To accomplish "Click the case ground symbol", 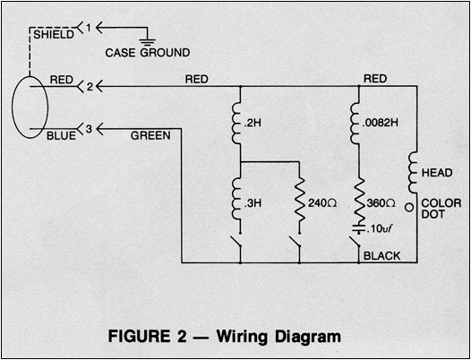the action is (x=148, y=41).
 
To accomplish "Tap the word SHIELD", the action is (x=54, y=35).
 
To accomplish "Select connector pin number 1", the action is (x=89, y=28).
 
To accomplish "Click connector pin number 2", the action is (x=90, y=87).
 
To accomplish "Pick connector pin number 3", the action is (x=90, y=129).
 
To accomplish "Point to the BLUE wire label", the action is (x=61, y=136).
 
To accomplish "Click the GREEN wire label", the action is (x=150, y=136).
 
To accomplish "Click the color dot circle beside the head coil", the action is (x=409, y=208).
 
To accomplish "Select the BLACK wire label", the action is (x=382, y=256).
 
